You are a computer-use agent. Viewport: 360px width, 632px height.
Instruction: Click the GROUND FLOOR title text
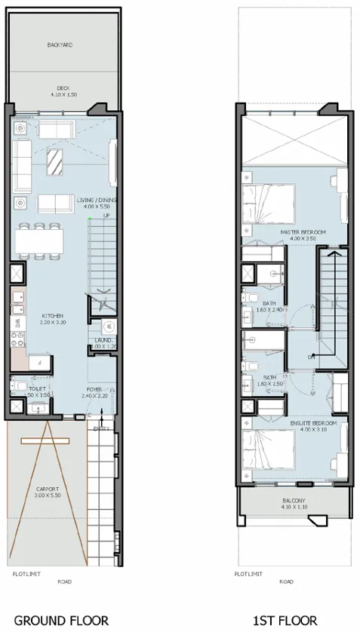61,620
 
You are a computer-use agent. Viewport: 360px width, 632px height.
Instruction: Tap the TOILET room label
28,391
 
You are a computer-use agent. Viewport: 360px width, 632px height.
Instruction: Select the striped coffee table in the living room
55,161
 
